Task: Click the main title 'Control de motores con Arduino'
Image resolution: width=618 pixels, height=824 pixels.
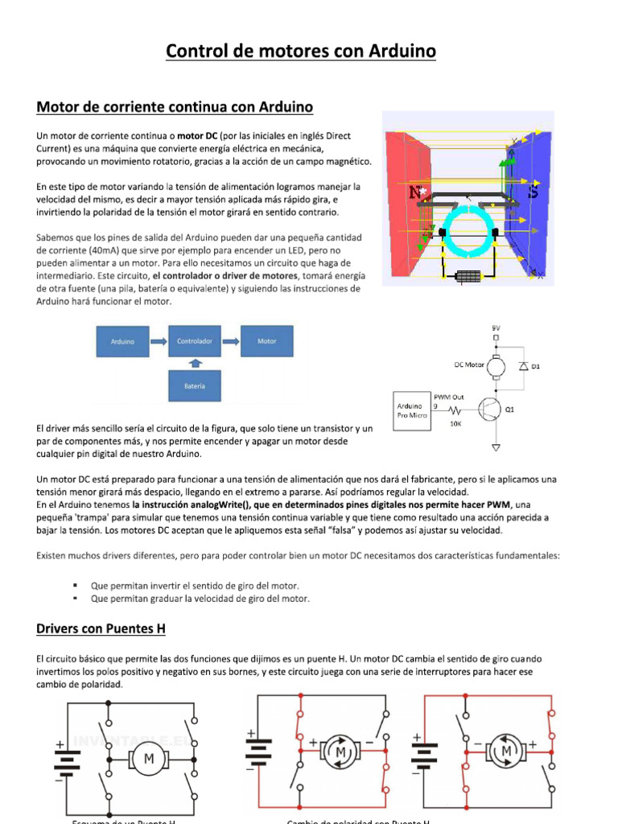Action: coord(301,51)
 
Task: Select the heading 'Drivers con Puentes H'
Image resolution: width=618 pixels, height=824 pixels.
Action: coord(101,628)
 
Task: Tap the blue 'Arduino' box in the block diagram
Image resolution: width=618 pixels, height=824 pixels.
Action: coord(123,341)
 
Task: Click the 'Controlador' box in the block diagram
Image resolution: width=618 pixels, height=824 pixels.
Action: coord(194,341)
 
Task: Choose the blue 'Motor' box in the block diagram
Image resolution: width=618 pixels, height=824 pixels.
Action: coord(266,341)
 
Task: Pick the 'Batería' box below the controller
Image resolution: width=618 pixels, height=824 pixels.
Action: coord(194,386)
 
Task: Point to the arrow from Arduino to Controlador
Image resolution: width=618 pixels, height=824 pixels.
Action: coord(159,341)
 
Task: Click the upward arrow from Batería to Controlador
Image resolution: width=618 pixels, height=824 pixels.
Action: coord(194,364)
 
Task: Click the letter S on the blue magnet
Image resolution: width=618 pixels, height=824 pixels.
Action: coord(532,192)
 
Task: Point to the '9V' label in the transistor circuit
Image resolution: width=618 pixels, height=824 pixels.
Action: coord(495,328)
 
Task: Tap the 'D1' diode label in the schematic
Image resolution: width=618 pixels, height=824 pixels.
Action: coord(535,366)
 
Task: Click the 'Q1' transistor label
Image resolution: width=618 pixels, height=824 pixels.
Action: coord(509,410)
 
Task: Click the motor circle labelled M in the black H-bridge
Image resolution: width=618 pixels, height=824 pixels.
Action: coord(148,758)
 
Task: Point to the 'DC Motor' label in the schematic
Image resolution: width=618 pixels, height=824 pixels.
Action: coord(469,365)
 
